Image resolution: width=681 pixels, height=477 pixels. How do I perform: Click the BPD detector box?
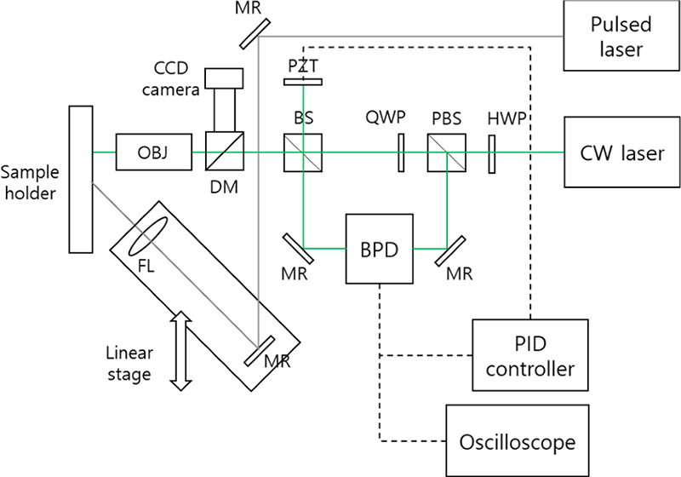click(x=378, y=248)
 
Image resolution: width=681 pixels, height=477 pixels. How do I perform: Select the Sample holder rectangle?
click(x=81, y=178)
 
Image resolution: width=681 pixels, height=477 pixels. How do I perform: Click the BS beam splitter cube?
click(x=304, y=153)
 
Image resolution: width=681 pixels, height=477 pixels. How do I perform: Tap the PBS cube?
click(x=446, y=153)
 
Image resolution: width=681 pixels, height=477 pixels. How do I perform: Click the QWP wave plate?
click(x=398, y=153)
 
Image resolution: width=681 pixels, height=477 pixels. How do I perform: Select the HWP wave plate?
click(x=491, y=153)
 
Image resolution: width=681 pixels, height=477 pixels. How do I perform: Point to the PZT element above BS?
click(x=304, y=82)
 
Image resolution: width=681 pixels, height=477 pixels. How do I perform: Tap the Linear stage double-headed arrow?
click(x=179, y=350)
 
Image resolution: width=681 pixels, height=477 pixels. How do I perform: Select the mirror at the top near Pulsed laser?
click(x=250, y=33)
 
